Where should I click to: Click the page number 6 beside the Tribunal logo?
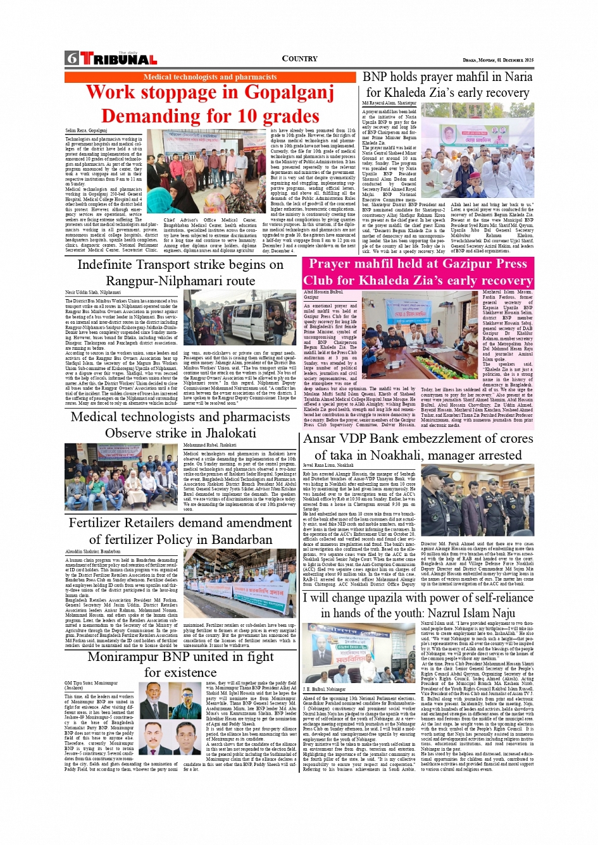pyautogui.click(x=72, y=59)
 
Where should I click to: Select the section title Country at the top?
pyautogui.click(x=299, y=59)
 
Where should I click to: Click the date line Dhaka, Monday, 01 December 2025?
pyautogui.click(x=498, y=60)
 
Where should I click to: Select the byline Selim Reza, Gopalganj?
pyautogui.click(x=86, y=131)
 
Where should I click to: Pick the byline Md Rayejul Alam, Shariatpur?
pyautogui.click(x=389, y=103)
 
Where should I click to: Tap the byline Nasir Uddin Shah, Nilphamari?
pyautogui.click(x=93, y=293)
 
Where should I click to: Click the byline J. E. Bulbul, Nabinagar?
pyautogui.click(x=324, y=689)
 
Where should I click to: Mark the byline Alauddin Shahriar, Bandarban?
pyautogui.click(x=93, y=552)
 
